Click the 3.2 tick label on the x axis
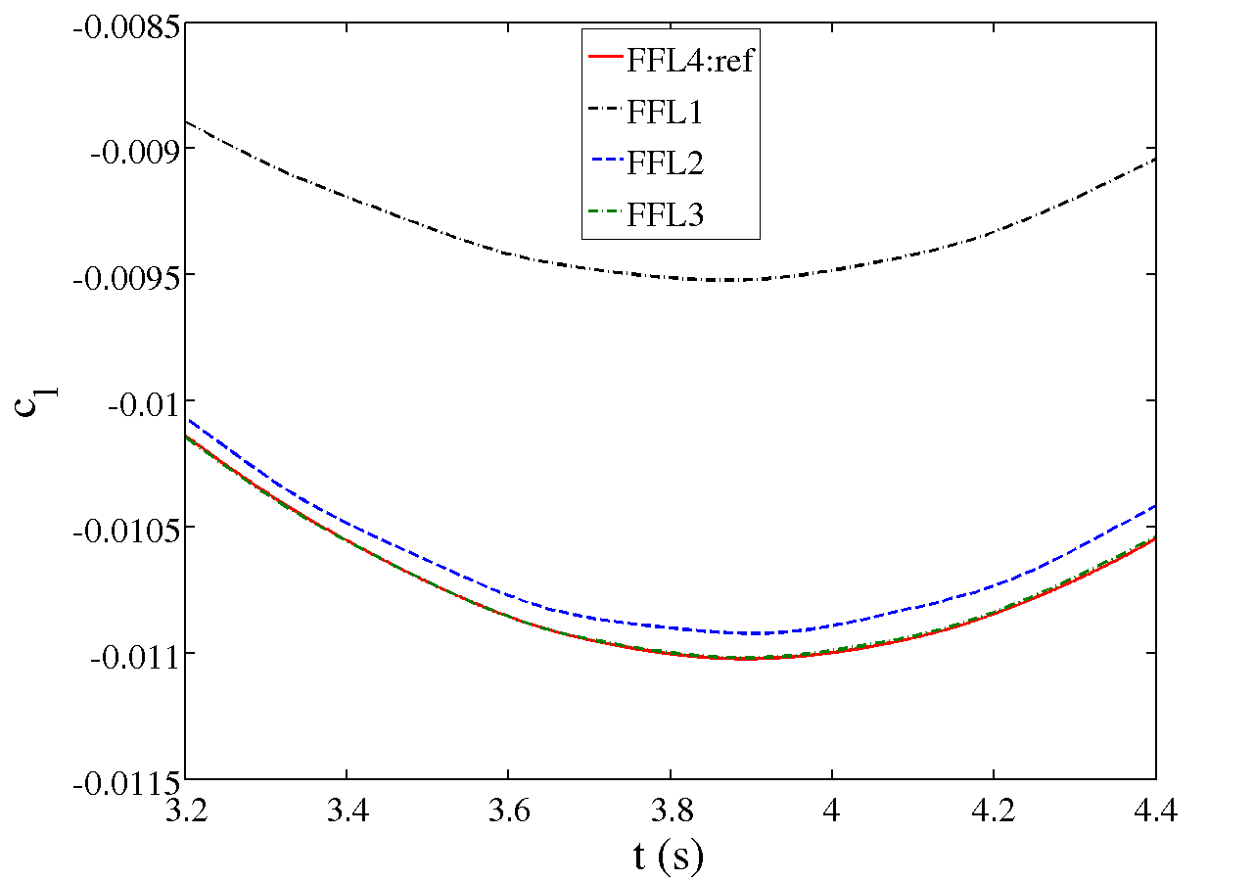[185, 810]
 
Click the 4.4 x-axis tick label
[1155, 810]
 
